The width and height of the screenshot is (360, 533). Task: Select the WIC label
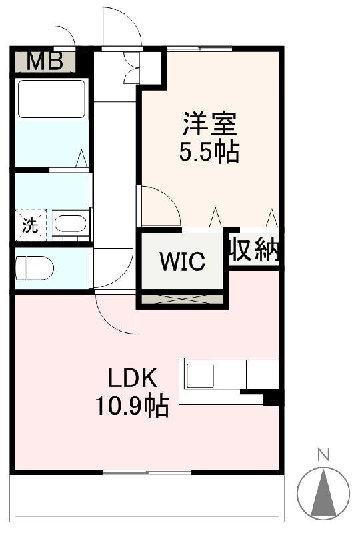point(181,262)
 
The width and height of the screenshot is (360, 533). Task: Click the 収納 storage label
point(255,251)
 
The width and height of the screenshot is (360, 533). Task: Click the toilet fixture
point(35,269)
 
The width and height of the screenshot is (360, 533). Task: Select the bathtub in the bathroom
point(51,99)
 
